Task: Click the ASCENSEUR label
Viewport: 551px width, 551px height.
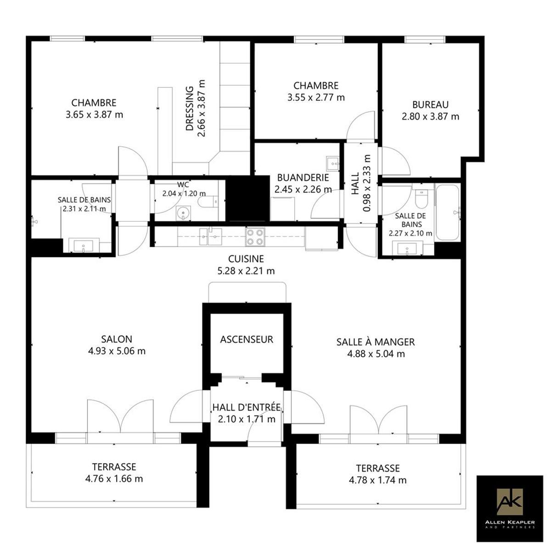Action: (x=247, y=339)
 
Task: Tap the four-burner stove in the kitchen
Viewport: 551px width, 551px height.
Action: (x=255, y=237)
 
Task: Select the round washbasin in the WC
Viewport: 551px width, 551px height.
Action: (x=183, y=213)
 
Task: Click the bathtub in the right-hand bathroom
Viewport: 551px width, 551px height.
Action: (x=447, y=213)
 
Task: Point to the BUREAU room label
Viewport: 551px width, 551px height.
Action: (x=430, y=105)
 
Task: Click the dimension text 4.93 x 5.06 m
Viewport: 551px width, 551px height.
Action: (x=117, y=351)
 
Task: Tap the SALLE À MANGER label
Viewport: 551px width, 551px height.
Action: (x=376, y=342)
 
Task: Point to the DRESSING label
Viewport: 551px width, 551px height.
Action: (x=190, y=108)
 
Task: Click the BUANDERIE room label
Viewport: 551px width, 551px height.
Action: (x=303, y=178)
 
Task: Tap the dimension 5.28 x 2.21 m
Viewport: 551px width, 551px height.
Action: (x=246, y=270)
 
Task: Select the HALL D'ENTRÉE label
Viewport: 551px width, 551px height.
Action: (x=247, y=407)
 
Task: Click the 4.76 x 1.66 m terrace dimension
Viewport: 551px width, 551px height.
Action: (x=114, y=478)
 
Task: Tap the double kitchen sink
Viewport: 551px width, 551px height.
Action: (x=211, y=237)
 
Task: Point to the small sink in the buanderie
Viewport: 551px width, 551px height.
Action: (x=332, y=163)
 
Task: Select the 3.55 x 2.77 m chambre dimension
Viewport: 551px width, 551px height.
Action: (x=316, y=97)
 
